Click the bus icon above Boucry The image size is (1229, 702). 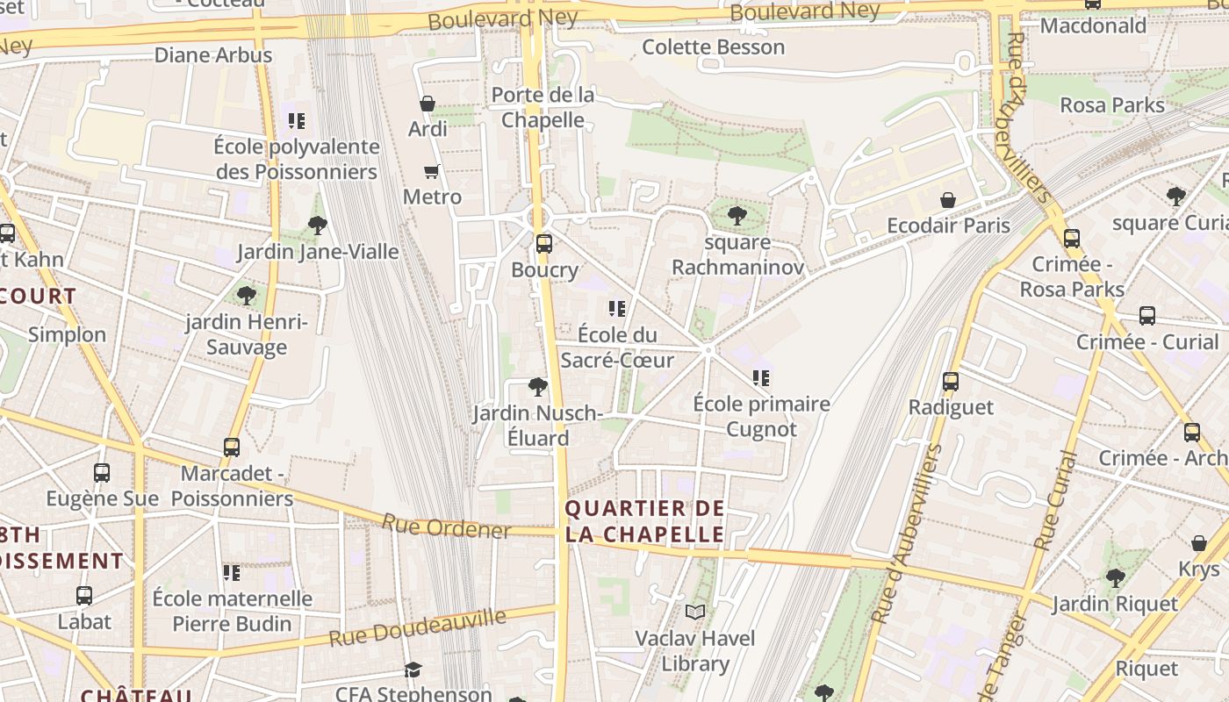[544, 243]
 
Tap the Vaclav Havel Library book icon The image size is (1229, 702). [695, 612]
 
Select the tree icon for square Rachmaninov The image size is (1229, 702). [737, 215]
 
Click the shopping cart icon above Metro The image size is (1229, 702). [431, 171]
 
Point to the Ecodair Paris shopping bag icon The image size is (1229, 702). [948, 200]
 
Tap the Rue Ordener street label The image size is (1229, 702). [446, 526]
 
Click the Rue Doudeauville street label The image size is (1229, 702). [418, 628]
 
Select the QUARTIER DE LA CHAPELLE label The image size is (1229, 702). [645, 521]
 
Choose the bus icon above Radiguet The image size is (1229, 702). [951, 381]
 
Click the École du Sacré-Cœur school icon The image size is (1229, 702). [617, 308]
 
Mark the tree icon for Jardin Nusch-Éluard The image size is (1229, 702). [537, 386]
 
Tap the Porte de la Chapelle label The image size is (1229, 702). [543, 107]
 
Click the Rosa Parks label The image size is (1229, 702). [1112, 105]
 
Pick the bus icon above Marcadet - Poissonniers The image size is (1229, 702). [232, 447]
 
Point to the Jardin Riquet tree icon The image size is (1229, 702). [1115, 577]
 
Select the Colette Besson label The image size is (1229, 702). [714, 47]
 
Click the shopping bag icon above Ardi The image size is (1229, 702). [428, 104]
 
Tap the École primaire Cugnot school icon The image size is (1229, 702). [761, 378]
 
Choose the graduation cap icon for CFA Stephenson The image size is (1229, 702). [413, 670]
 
